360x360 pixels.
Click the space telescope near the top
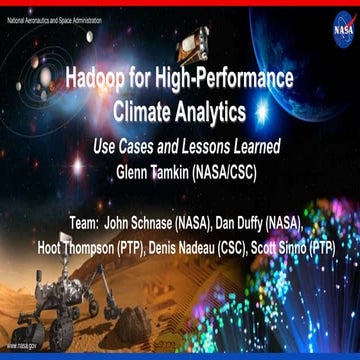tap(192, 40)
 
